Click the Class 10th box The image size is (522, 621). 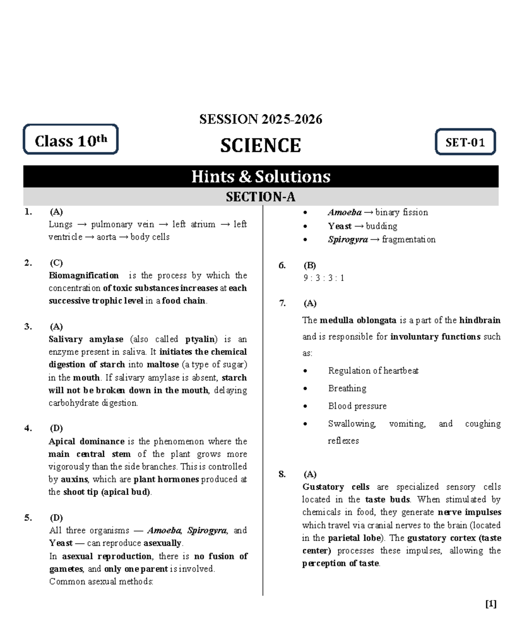tap(70, 140)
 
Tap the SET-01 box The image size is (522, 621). tap(465, 142)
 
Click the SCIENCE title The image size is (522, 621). tap(260, 145)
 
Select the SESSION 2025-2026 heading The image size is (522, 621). tap(261, 119)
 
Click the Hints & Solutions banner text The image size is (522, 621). tap(261, 177)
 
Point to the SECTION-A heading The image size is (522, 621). tap(260, 197)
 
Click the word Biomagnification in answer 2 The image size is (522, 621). tap(84, 275)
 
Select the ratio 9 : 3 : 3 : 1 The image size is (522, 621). tap(324, 278)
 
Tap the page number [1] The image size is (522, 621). tap(491, 604)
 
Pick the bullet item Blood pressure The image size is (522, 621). tap(357, 406)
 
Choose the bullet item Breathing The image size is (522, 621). tap(347, 388)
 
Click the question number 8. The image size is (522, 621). tap(282, 474)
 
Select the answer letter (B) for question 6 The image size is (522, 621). tap(310, 265)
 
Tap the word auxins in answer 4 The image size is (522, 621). tap(74, 479)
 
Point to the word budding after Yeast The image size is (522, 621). tap(381, 226)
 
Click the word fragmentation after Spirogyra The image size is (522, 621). tap(408, 240)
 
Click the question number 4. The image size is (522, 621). tap(28, 428)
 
